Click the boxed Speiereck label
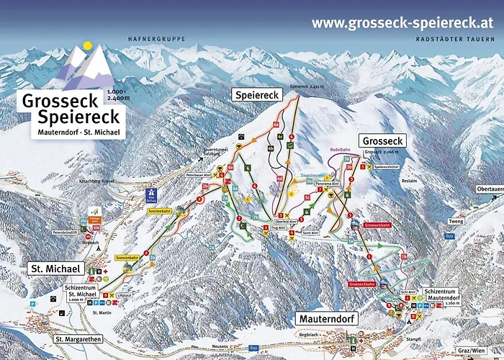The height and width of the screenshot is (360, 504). tap(257, 95)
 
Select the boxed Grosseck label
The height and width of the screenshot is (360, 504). tap(382, 141)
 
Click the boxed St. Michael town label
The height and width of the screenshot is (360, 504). tap(55, 269)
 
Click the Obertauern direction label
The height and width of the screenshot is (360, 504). tap(489, 189)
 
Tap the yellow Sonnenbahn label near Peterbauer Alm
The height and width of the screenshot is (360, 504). tap(158, 212)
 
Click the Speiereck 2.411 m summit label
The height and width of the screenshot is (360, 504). tap(304, 86)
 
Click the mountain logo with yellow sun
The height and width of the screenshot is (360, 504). tap(86, 63)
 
